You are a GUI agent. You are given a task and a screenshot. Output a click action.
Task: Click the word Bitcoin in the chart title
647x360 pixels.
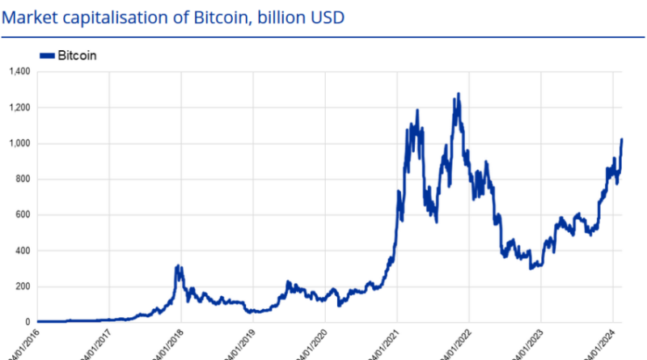click(x=220, y=15)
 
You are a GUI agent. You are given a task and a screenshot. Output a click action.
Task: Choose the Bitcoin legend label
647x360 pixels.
click(x=78, y=55)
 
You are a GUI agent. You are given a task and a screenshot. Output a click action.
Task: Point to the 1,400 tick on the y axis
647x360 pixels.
click(x=19, y=72)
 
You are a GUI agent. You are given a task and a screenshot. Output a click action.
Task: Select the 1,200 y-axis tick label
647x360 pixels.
click(x=19, y=108)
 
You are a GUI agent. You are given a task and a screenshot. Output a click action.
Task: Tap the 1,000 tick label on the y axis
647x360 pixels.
click(x=19, y=143)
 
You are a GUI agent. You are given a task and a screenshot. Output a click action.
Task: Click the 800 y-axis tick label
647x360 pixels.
click(x=22, y=179)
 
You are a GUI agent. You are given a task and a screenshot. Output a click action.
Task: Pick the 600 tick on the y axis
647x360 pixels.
click(x=22, y=215)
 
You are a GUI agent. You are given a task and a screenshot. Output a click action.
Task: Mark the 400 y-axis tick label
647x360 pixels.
click(x=22, y=251)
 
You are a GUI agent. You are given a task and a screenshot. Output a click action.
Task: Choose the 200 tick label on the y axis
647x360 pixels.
click(x=22, y=286)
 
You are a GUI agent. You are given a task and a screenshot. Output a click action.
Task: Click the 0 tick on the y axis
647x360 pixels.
click(x=27, y=322)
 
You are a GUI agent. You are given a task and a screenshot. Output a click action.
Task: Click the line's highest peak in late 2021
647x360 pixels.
click(x=459, y=94)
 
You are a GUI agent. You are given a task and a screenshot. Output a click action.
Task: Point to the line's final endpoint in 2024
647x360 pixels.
click(x=622, y=139)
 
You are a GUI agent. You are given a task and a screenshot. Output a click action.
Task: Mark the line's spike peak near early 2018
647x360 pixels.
click(x=178, y=265)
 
